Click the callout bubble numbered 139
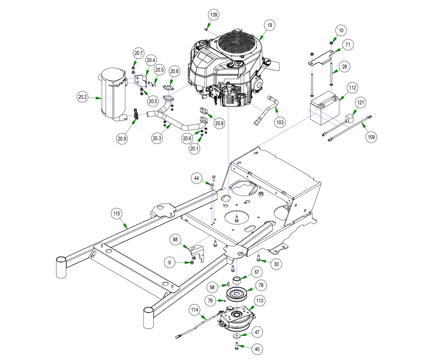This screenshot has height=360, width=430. (x=214, y=15)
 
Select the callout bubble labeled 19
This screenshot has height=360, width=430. (x=270, y=25)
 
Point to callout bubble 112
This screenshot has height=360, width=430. (x=353, y=88)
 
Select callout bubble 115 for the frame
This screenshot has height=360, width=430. (x=116, y=213)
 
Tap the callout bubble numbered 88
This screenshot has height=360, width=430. (x=175, y=240)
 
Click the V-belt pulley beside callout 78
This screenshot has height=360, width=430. (x=237, y=294)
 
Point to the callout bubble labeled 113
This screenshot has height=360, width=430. (x=260, y=301)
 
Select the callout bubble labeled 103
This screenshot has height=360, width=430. (x=280, y=122)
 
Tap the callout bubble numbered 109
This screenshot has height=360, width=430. (x=371, y=137)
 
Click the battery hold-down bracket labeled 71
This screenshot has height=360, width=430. (x=321, y=59)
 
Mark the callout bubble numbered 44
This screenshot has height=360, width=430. (x=197, y=178)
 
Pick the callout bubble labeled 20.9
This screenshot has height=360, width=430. (x=122, y=139)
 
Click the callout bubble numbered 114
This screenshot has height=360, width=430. (x=194, y=310)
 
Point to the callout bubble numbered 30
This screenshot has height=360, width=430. (x=276, y=264)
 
